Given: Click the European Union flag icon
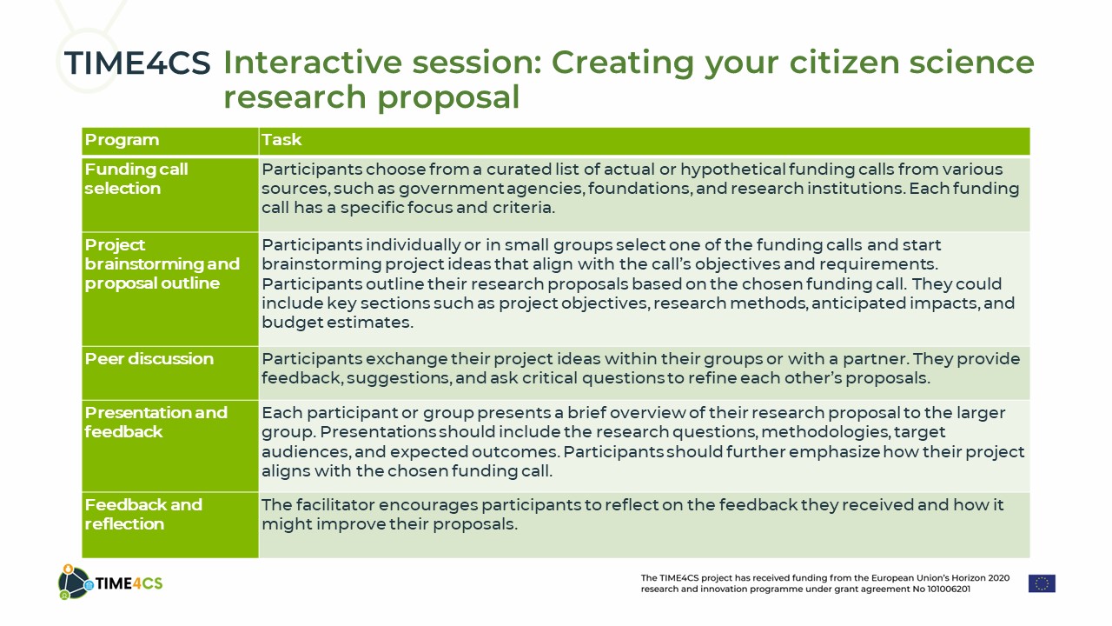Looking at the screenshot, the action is (x=1042, y=583).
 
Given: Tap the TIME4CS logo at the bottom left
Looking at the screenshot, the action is (x=110, y=583).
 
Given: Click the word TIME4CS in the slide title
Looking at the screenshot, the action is (x=137, y=63).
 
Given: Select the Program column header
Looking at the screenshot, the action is (x=122, y=140).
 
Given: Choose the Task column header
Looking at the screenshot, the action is (x=281, y=140).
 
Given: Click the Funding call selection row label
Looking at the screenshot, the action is (x=136, y=179).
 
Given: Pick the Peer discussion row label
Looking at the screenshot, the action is (x=149, y=359).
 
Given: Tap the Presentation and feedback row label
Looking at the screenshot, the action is (x=156, y=422).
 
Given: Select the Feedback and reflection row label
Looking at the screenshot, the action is (x=143, y=514).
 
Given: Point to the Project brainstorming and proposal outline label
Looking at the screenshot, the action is (x=162, y=263).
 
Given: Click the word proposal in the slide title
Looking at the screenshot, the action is (x=448, y=97).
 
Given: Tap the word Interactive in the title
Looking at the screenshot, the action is (x=313, y=63).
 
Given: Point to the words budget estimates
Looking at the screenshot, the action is (x=337, y=323).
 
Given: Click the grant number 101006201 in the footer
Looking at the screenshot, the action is (x=949, y=589).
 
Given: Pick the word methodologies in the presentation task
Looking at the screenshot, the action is (x=824, y=432).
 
